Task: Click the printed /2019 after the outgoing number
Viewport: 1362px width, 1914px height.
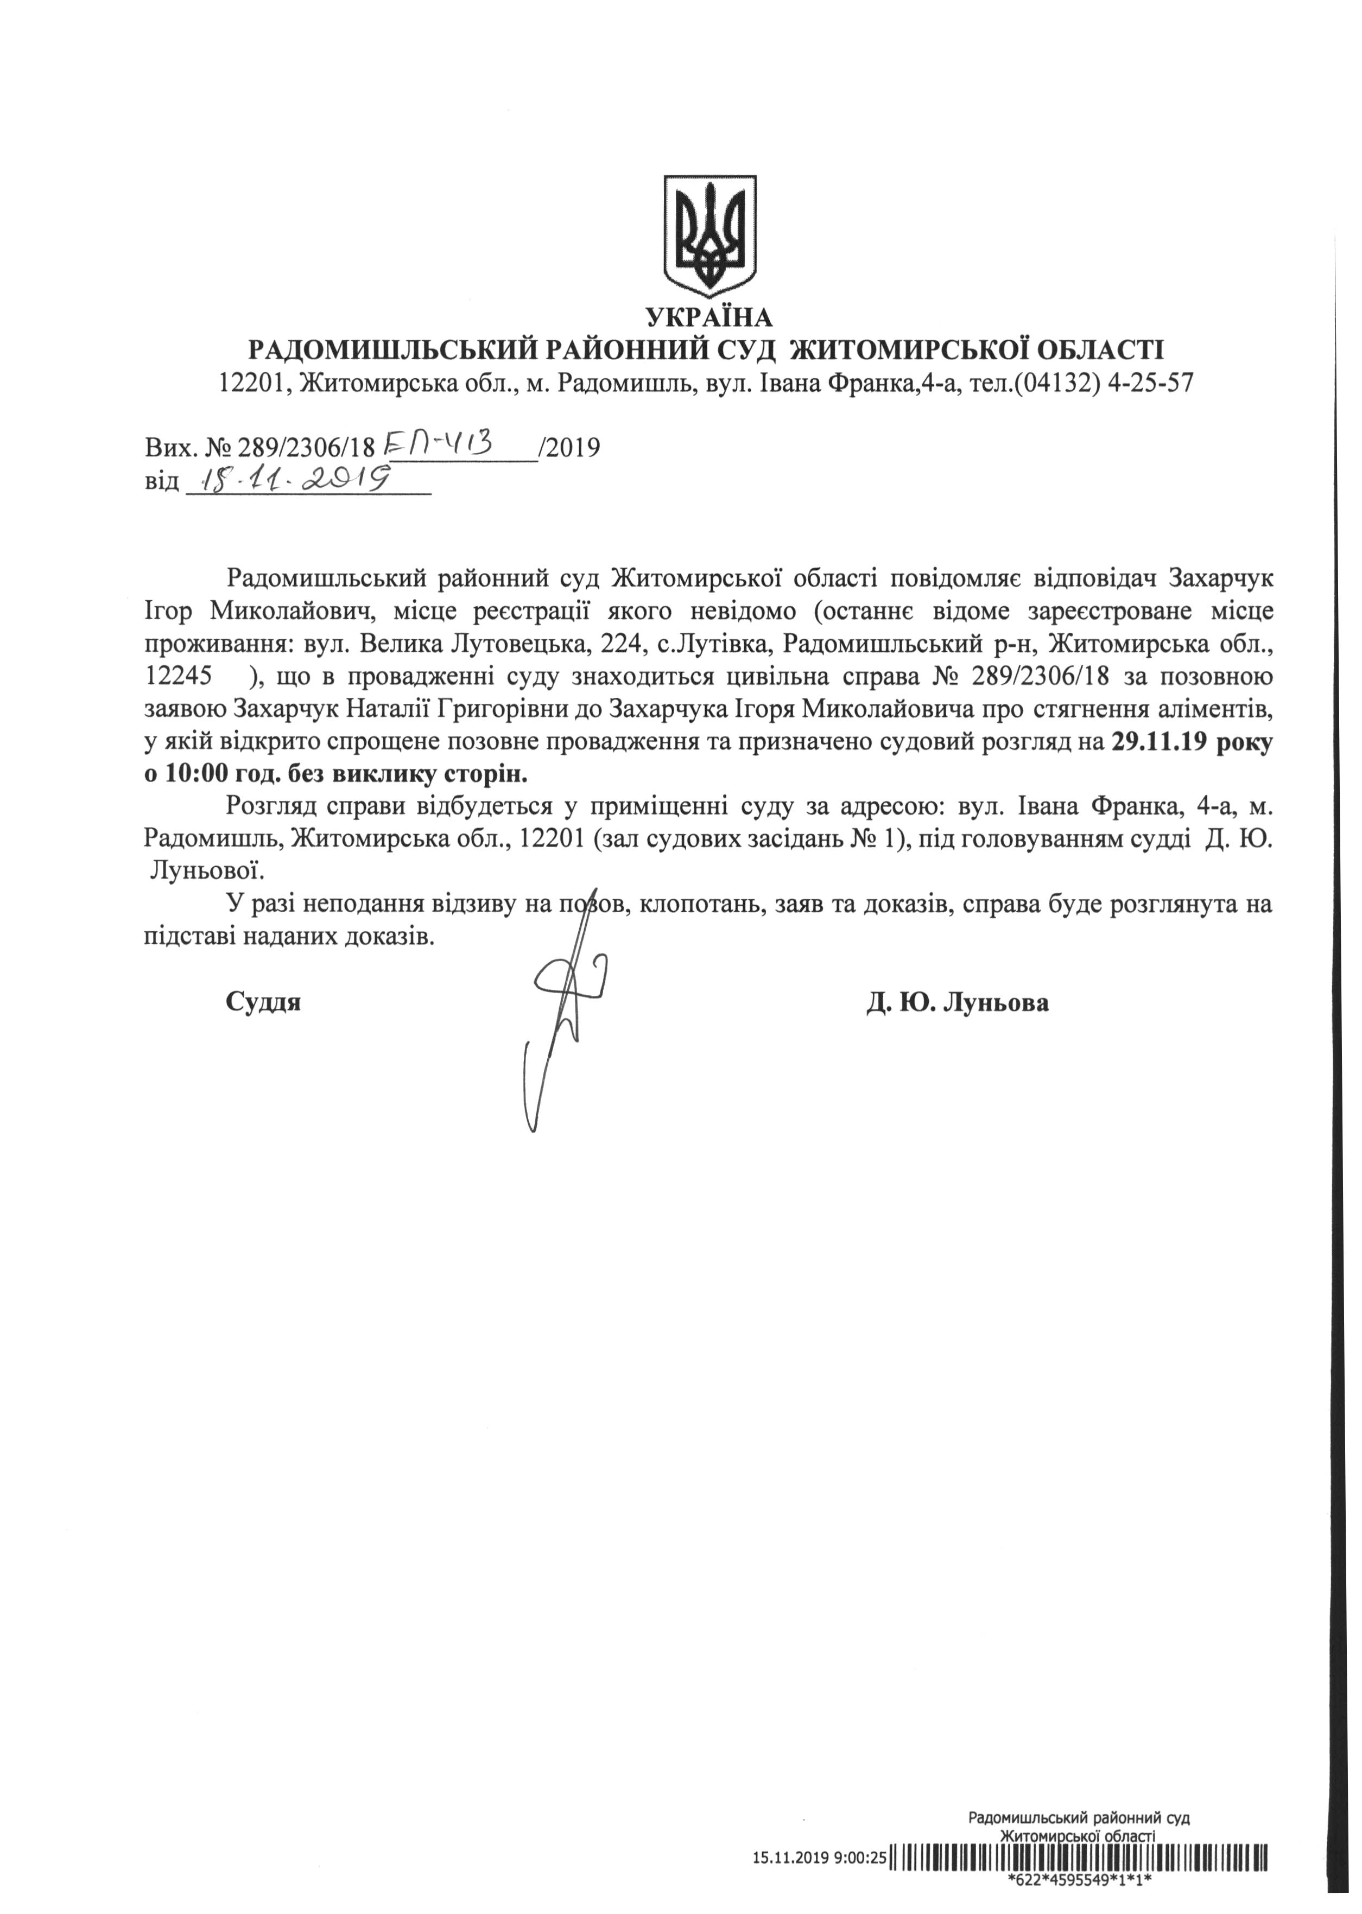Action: point(571,448)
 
